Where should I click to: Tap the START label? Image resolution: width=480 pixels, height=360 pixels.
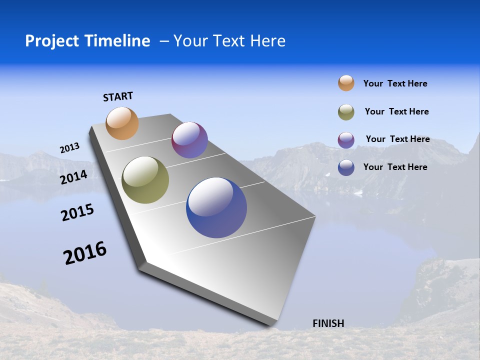(118, 96)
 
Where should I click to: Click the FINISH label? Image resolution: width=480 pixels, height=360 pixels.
(328, 323)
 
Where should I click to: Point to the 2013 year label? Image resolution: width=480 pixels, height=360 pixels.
(69, 148)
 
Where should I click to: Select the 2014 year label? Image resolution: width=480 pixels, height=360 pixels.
(73, 177)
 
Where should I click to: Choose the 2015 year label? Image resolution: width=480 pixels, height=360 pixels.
(77, 212)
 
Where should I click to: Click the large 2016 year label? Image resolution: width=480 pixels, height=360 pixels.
(85, 253)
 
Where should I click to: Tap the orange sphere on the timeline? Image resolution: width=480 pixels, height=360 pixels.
(122, 123)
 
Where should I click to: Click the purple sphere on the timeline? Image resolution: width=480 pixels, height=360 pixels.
(189, 140)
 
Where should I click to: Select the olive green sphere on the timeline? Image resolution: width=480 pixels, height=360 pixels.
(145, 180)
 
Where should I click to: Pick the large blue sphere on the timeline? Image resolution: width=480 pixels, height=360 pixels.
(216, 207)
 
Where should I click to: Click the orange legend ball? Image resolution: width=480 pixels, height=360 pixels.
(346, 83)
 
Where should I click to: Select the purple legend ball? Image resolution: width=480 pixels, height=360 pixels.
(346, 140)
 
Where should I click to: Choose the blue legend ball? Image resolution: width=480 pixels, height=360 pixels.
(346, 167)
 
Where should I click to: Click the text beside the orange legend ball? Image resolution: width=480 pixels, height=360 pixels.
(395, 83)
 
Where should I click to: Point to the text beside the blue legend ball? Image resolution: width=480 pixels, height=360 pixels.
(395, 167)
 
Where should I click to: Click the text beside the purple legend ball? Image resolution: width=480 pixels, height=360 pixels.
(397, 139)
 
